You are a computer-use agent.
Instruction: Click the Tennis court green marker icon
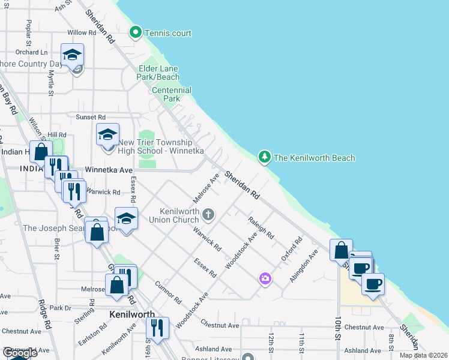point(136,32)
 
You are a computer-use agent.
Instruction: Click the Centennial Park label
point(172,94)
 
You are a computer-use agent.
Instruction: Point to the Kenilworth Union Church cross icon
point(208,214)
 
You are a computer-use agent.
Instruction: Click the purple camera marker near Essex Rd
point(265,278)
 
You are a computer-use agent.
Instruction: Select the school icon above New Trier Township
point(108,134)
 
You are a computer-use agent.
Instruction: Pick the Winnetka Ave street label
point(109,170)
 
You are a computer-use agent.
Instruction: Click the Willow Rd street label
point(82,33)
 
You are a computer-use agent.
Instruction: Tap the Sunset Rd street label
point(90,117)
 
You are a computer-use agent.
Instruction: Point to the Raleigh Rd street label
point(261,228)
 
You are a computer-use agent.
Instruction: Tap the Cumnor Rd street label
point(168,292)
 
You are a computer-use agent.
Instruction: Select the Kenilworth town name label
point(132,314)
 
